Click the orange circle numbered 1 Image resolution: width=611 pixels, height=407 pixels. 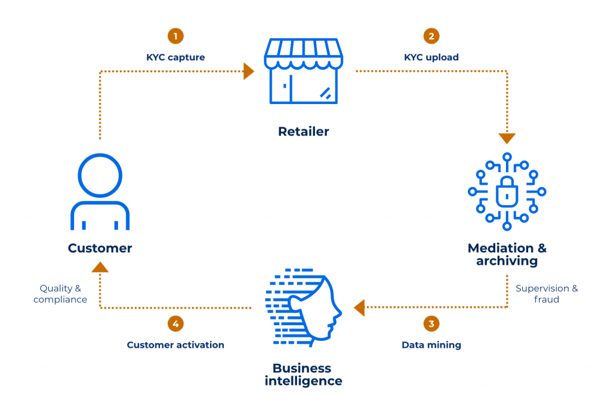point(175,36)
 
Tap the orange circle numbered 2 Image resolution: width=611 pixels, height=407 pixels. point(430,36)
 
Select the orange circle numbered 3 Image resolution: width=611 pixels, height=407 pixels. point(431,324)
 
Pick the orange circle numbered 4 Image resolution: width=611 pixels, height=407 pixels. point(175,324)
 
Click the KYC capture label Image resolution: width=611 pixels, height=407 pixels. point(175,57)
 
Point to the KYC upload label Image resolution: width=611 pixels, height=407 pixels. point(431,57)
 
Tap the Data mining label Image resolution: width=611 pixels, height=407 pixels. point(431,345)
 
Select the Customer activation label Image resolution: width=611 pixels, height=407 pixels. point(175,345)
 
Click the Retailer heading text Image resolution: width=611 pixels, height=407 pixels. point(303,131)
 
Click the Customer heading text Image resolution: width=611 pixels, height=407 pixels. point(100,248)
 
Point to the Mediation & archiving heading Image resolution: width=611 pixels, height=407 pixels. point(507,255)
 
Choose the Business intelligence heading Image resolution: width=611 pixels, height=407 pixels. point(303,374)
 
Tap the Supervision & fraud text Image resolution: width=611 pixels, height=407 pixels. point(547,293)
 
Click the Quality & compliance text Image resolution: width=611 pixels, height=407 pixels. point(60,293)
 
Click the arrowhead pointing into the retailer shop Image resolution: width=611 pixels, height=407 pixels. point(249,72)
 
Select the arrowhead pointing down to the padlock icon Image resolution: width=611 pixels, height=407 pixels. point(507,138)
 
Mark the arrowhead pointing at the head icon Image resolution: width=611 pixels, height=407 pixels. point(359,308)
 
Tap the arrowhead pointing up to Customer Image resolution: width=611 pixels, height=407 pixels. point(100,267)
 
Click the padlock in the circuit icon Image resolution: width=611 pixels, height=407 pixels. point(507,192)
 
